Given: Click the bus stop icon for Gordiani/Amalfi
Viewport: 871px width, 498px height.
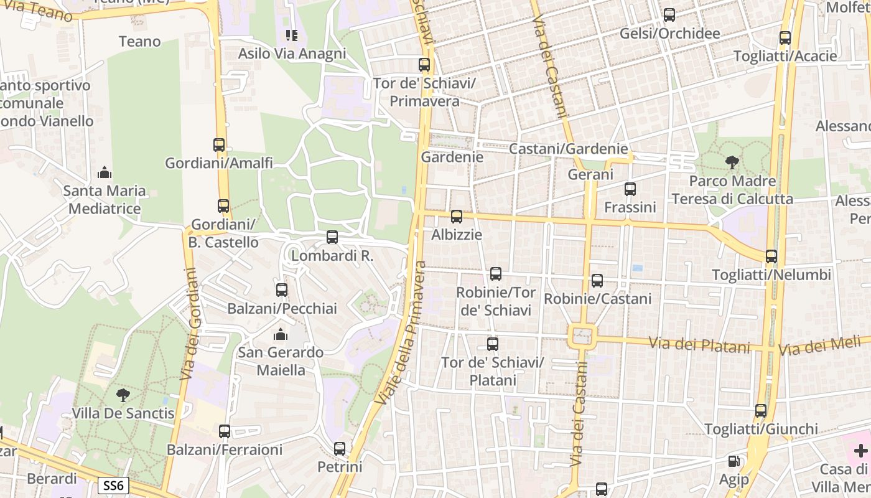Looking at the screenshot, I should pyautogui.click(x=219, y=145).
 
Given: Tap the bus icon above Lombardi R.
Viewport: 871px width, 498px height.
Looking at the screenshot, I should pyautogui.click(x=332, y=237).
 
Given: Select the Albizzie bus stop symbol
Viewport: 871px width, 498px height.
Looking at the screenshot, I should pyautogui.click(x=457, y=217).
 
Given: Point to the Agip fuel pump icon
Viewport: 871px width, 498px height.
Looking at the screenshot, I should pyautogui.click(x=734, y=462).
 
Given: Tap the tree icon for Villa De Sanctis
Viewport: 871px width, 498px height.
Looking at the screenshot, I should pyautogui.click(x=123, y=395).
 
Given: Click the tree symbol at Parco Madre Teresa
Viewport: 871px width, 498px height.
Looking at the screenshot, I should pyautogui.click(x=732, y=162).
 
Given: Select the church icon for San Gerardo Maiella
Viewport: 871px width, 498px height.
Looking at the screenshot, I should pyautogui.click(x=281, y=335).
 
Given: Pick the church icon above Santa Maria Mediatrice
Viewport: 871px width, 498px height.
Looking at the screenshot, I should pyautogui.click(x=105, y=172).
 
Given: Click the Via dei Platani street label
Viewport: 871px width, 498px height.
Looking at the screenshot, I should pyautogui.click(x=699, y=344).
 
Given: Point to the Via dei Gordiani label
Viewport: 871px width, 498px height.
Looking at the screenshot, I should pyautogui.click(x=190, y=324).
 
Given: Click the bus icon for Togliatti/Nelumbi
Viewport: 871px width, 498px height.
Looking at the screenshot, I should pyautogui.click(x=771, y=256).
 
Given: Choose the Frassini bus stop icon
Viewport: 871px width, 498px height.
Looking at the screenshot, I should pyautogui.click(x=630, y=189).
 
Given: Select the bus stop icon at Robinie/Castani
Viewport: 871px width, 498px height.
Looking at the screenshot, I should pyautogui.click(x=597, y=281).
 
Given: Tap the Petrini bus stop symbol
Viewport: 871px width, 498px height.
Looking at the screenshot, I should pyautogui.click(x=340, y=449).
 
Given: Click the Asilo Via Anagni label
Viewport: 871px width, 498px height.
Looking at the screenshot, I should pyautogui.click(x=292, y=54).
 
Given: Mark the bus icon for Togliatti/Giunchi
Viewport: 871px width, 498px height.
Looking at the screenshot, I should pyautogui.click(x=761, y=411).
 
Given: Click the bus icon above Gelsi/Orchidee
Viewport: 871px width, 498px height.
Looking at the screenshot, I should pyautogui.click(x=669, y=15).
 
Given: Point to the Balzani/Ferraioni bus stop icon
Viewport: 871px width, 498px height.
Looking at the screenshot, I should pyautogui.click(x=225, y=431).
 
